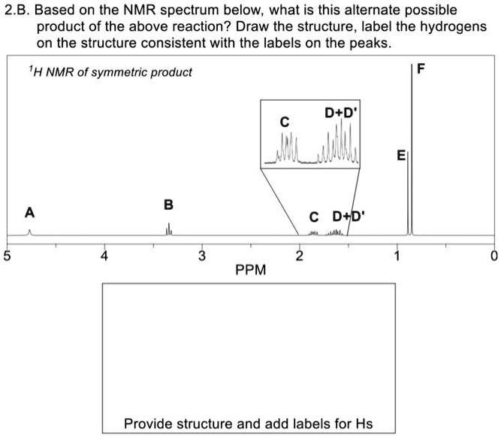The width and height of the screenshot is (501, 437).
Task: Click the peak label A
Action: tap(29, 211)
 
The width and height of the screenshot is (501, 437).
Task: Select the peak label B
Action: tap(168, 205)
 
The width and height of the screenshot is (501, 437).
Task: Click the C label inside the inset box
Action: tap(284, 121)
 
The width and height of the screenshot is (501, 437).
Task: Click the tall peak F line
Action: tap(412, 150)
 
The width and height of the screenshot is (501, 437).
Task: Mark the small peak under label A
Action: tap(29, 232)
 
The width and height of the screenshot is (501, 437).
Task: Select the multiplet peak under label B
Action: tap(169, 229)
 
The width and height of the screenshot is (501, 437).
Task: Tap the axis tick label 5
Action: tap(8, 256)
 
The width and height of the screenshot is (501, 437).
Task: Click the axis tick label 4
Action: tap(105, 256)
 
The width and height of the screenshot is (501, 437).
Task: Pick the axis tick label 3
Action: tap(202, 256)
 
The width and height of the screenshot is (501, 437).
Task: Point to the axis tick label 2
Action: tap(300, 256)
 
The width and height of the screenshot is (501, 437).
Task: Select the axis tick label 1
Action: tap(397, 256)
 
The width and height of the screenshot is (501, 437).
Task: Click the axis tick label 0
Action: tap(493, 256)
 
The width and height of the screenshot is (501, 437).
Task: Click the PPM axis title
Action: tap(250, 269)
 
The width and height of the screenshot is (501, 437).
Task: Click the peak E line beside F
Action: tap(408, 196)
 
